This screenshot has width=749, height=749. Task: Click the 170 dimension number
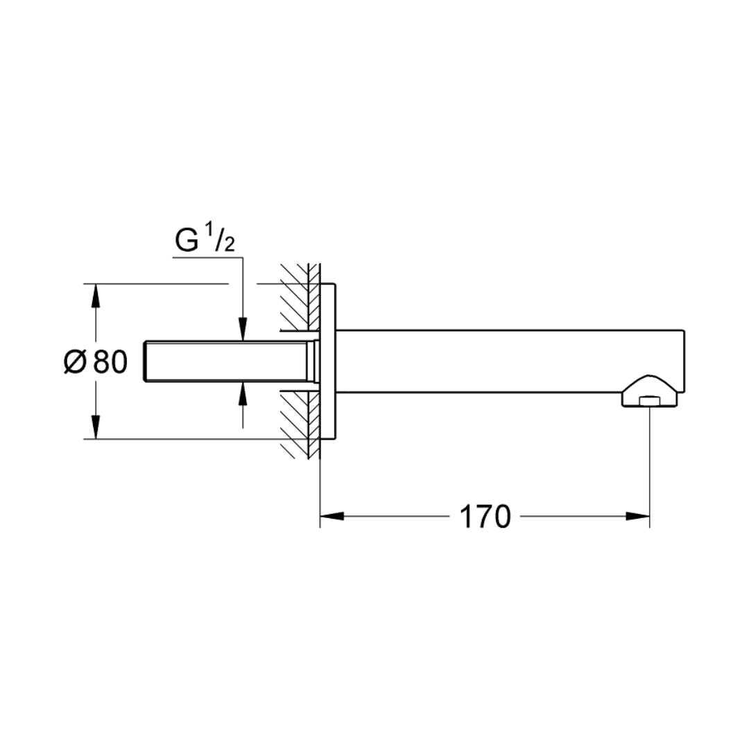pyautogui.click(x=485, y=517)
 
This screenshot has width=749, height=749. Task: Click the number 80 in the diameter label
pyautogui.click(x=110, y=361)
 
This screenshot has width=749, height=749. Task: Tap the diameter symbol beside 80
pyautogui.click(x=75, y=361)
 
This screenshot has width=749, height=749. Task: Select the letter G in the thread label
pyautogui.click(x=187, y=241)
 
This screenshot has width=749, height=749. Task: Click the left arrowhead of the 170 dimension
pyautogui.click(x=332, y=516)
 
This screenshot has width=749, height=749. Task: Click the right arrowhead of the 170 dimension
pyautogui.click(x=638, y=516)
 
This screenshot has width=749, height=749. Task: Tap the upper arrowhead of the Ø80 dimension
pyautogui.click(x=96, y=296)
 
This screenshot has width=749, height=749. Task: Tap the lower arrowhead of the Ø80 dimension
pyautogui.click(x=96, y=427)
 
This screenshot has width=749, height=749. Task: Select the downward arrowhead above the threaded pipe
pyautogui.click(x=243, y=329)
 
